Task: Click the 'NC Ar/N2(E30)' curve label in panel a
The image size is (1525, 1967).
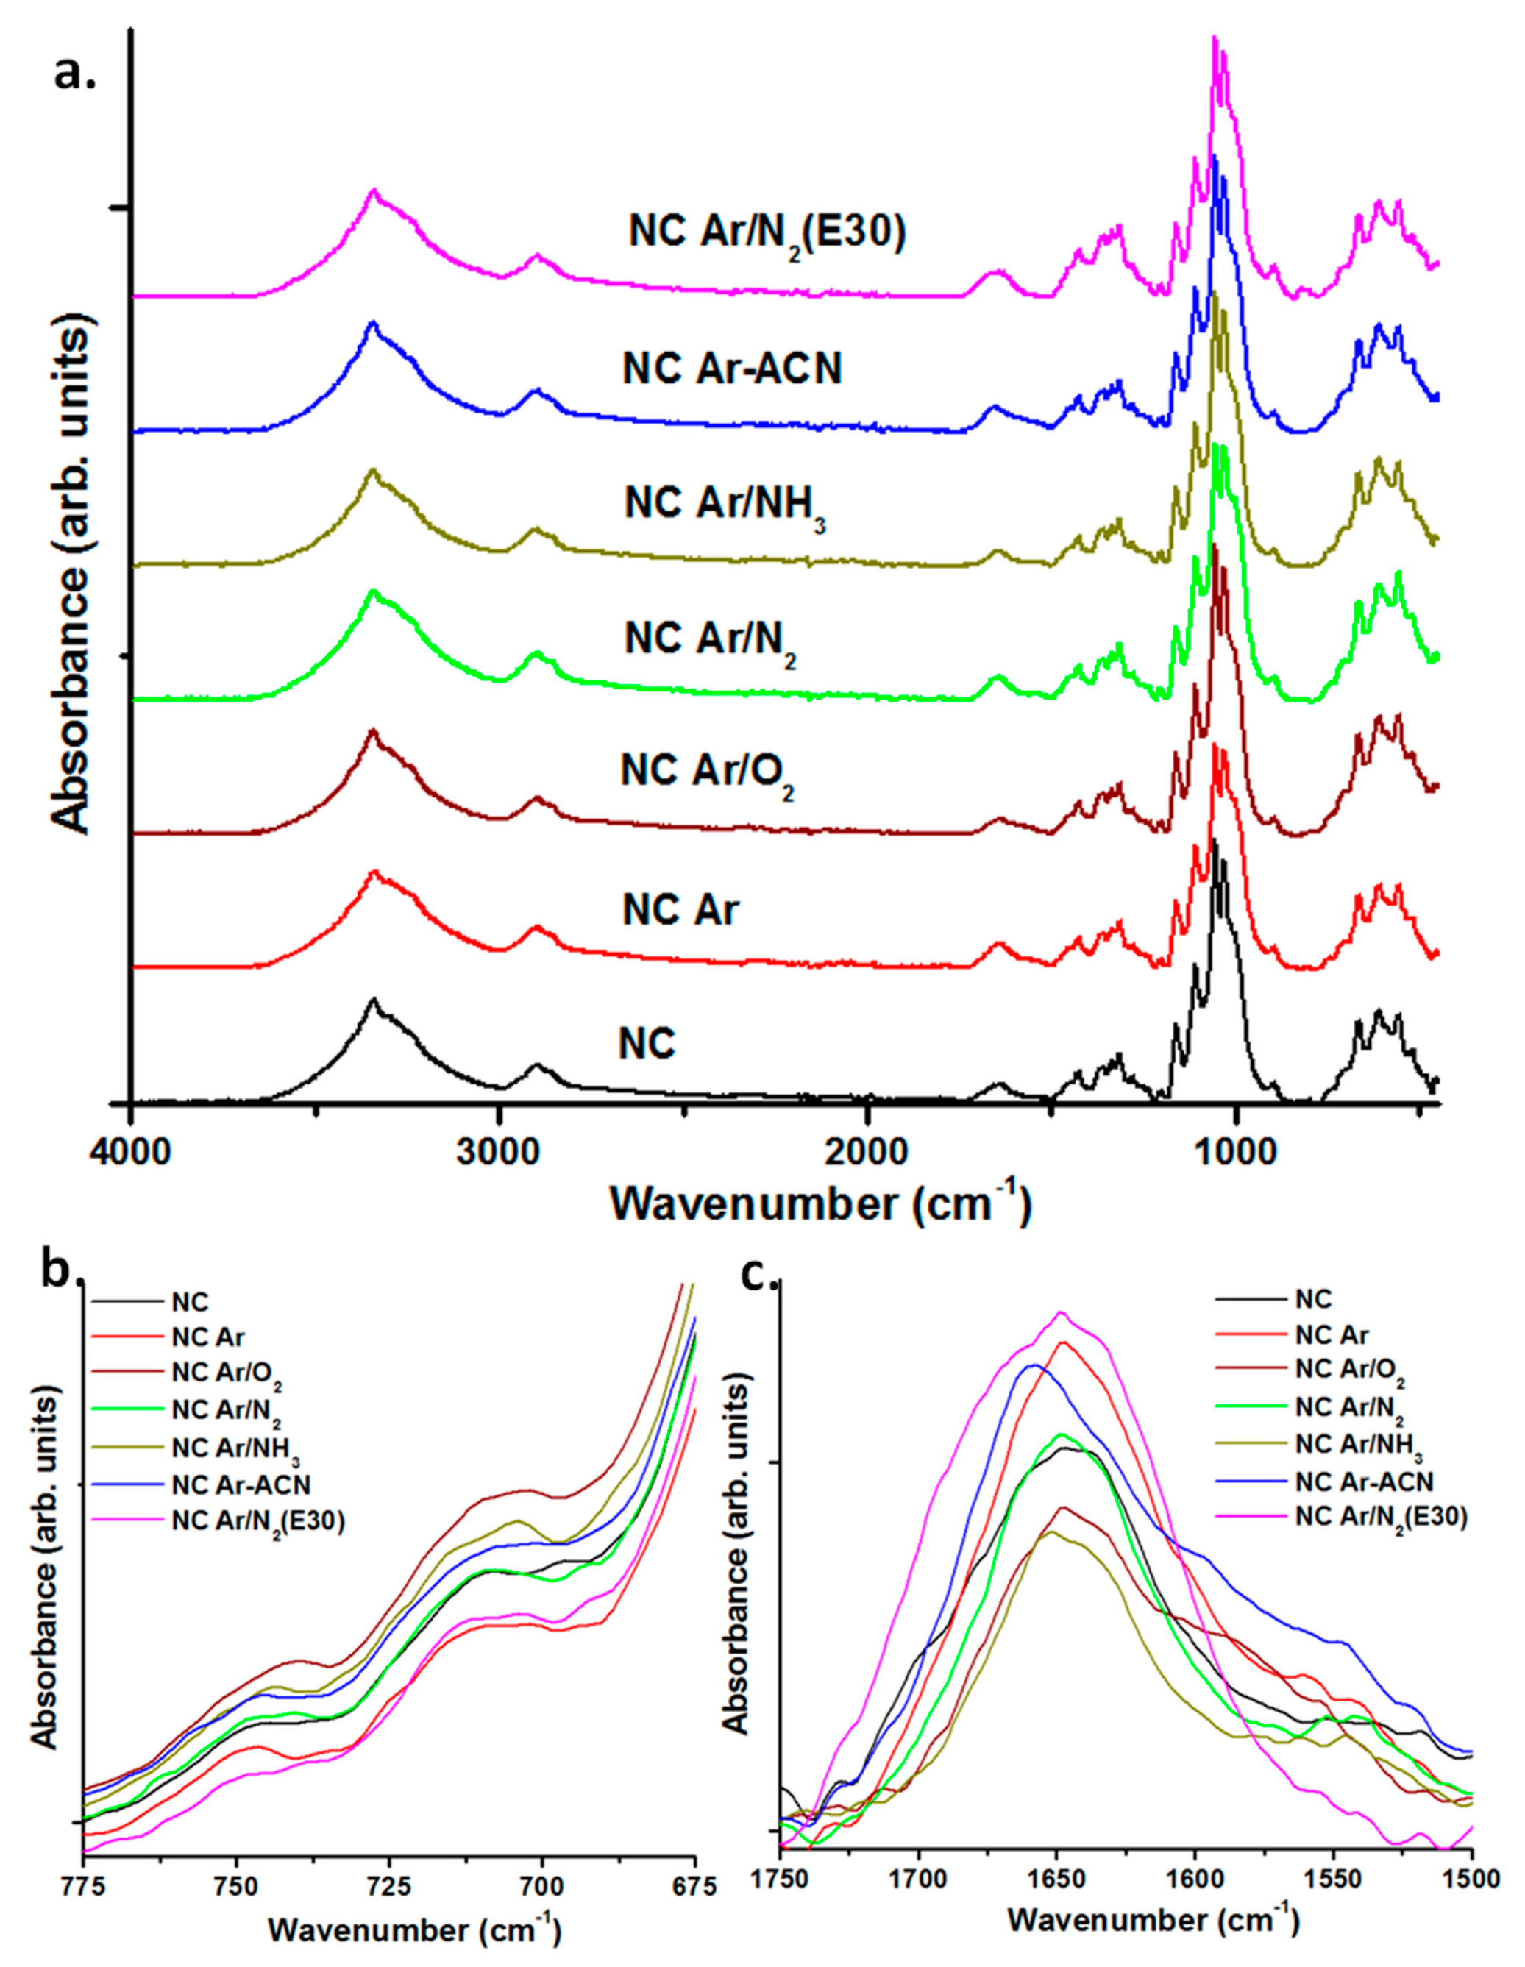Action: pyautogui.click(x=767, y=234)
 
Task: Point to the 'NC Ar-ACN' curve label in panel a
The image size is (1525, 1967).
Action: pyautogui.click(x=731, y=369)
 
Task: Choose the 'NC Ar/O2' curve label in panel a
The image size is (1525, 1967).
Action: pyautogui.click(x=707, y=772)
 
